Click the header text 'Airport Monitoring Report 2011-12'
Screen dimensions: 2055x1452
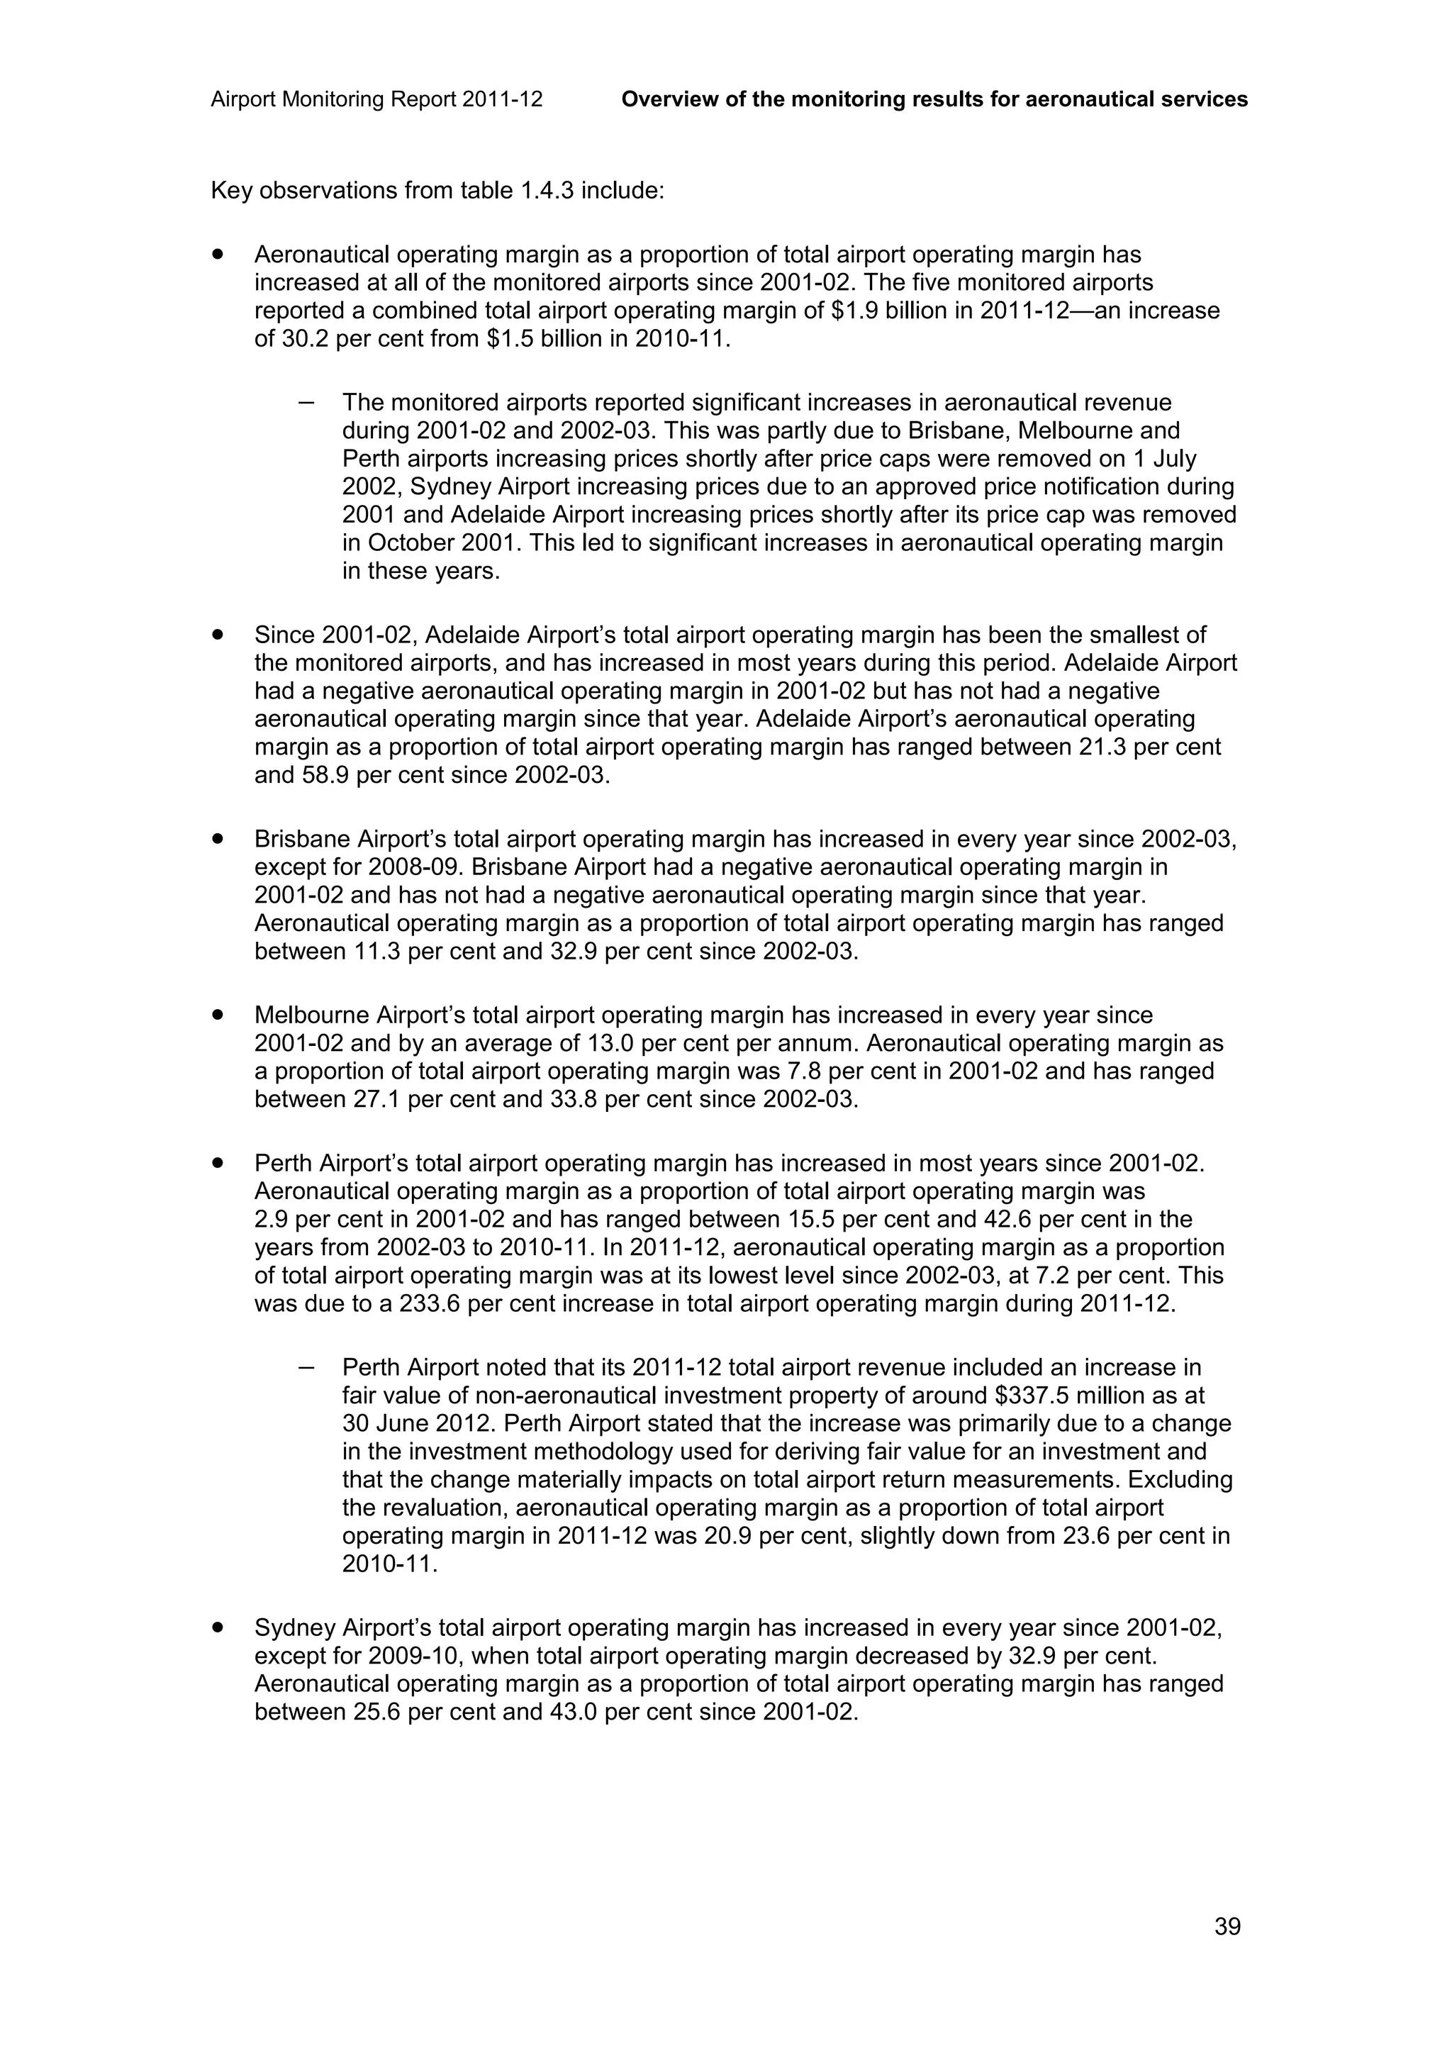coord(376,99)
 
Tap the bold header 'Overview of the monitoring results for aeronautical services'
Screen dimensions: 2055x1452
coord(934,99)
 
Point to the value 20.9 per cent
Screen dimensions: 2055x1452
coord(752,1536)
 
